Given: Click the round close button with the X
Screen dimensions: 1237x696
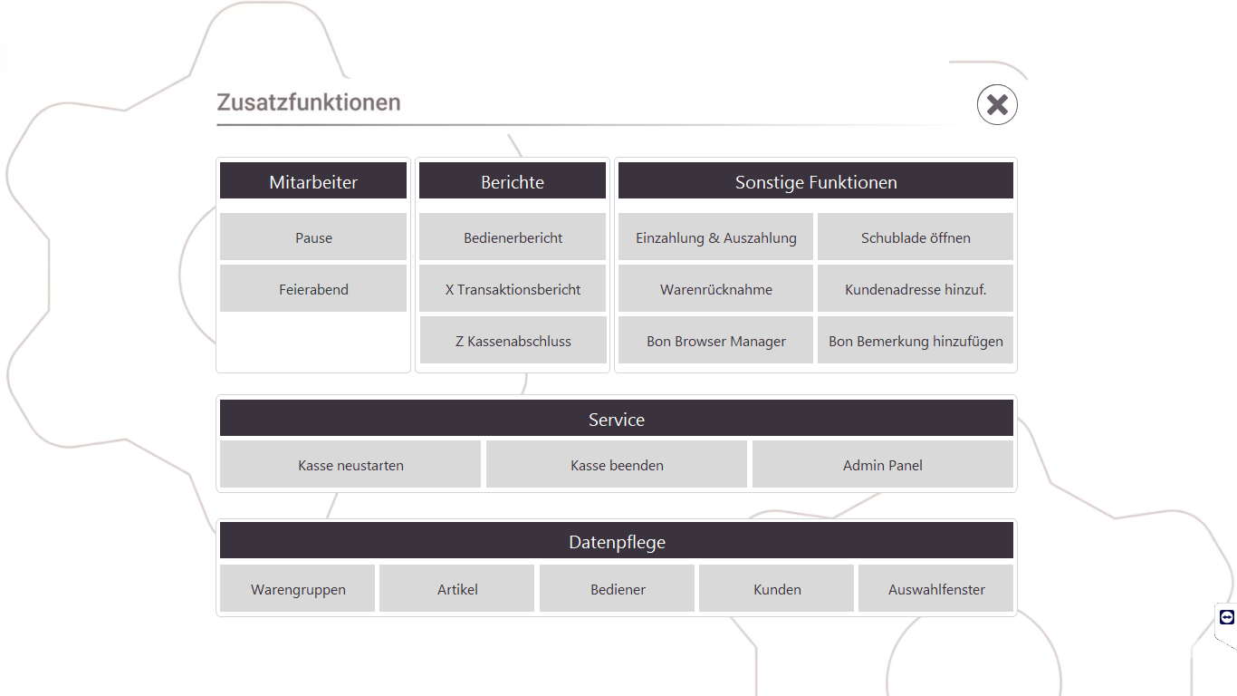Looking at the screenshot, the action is coord(997,104).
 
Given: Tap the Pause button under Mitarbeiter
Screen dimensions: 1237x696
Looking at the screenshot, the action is coord(313,237).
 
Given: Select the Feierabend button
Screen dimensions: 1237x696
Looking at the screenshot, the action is coord(313,288).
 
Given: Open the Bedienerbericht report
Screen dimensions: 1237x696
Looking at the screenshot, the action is coord(513,237).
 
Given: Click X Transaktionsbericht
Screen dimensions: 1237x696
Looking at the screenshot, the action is coord(513,288).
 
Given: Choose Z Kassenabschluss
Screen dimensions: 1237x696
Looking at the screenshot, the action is coord(513,340).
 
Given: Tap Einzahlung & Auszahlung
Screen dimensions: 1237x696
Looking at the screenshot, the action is coord(715,237).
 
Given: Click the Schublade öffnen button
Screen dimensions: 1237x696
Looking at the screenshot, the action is coord(915,237).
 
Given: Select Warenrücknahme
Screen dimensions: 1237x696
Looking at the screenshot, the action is coord(715,288).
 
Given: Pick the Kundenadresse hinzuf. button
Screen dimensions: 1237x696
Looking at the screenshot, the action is coord(915,288).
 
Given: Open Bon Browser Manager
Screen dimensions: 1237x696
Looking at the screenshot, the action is coord(715,340).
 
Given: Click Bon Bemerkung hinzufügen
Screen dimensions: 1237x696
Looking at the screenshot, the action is coord(915,340).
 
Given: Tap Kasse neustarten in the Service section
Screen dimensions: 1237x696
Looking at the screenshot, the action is coord(350,464).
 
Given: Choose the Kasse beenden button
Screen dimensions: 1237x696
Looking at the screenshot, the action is coord(617,464).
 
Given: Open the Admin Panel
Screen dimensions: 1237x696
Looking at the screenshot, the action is coord(882,464).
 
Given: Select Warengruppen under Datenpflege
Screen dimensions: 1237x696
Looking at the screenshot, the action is coord(297,588).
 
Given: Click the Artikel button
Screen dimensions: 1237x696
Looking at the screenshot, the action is coord(456,588).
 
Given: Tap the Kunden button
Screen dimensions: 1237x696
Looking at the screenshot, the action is coord(776,588).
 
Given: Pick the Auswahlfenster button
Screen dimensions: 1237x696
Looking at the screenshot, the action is coord(935,588).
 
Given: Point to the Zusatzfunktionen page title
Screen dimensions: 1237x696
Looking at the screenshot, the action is coord(308,102).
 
